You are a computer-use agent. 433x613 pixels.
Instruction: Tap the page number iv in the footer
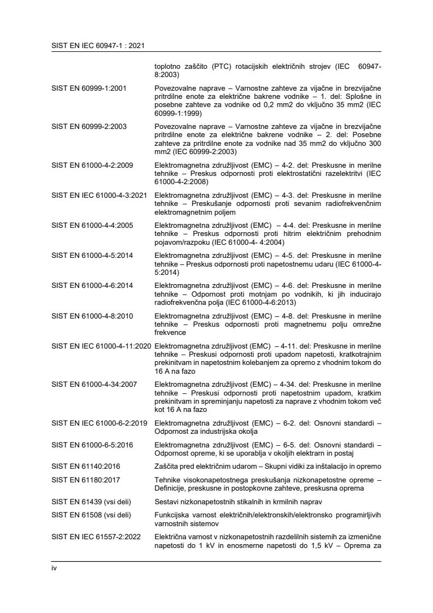[54, 568]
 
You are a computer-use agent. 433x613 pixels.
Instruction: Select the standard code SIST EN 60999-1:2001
[88, 88]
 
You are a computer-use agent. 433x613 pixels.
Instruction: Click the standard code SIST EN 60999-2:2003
[88, 126]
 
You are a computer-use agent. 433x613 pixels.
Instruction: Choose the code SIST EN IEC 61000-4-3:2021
[99, 194]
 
